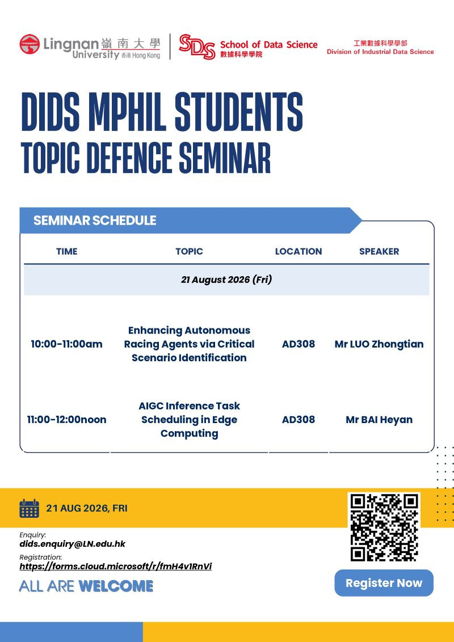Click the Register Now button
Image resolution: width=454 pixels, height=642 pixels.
pos(384,582)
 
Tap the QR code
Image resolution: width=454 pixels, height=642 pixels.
pos(384,527)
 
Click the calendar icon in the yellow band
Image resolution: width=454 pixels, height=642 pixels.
pos(29,508)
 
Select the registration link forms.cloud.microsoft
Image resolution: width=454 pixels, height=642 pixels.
pos(116,567)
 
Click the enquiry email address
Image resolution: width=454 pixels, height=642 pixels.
pos(73,544)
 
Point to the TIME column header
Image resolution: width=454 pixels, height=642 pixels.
pos(67,251)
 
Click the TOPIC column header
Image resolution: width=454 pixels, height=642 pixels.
pos(190,251)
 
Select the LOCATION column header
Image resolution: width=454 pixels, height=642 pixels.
pos(299,251)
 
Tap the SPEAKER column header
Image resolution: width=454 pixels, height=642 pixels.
pos(379,251)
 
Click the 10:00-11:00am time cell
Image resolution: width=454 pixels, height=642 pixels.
pos(67,344)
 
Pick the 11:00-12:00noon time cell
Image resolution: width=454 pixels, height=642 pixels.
pos(67,420)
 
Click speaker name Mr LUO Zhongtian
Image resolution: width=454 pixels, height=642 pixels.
pos(379,344)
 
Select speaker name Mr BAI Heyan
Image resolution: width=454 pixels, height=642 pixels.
pos(379,420)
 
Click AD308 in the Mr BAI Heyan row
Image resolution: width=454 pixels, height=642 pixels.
pos(299,420)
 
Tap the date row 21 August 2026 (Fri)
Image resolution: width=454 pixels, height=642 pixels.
pos(226,280)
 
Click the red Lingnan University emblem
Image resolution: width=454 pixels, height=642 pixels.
pos(30,44)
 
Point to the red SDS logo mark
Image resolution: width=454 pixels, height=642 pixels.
pos(197,47)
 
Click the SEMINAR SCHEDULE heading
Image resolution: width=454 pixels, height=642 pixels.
pos(95,220)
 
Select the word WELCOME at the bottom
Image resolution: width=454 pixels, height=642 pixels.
pos(116,586)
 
